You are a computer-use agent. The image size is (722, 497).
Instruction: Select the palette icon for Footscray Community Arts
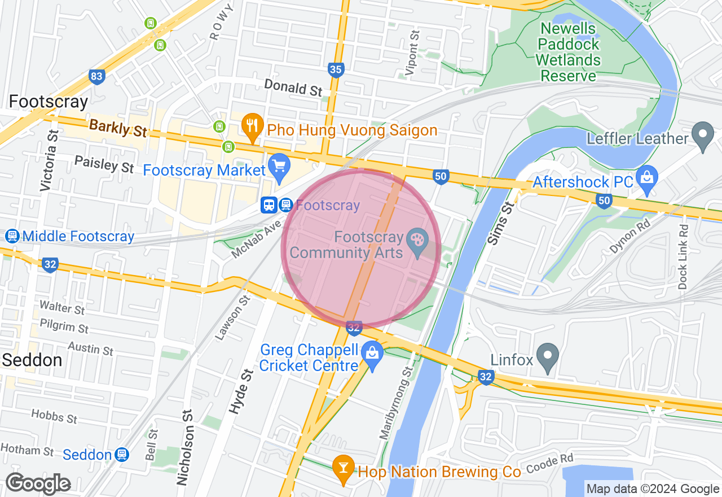418,246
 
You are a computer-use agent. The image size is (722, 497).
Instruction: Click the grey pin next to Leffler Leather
703,136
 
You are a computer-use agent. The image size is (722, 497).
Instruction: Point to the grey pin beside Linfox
547,356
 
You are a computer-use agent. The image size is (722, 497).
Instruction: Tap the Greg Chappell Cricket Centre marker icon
372,355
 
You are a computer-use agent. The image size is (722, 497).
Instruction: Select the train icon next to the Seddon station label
121,454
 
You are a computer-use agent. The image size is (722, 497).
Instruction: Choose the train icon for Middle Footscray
11,236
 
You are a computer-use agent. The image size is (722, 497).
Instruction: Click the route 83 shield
97,77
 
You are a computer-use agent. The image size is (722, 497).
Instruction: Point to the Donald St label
293,88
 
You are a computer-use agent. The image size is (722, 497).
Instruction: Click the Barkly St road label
118,128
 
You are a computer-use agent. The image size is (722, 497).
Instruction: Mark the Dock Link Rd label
684,257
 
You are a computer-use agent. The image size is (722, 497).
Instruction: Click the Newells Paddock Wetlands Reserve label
568,52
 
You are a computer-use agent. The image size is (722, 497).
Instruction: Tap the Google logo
38,483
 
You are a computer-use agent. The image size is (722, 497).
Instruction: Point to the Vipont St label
412,52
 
